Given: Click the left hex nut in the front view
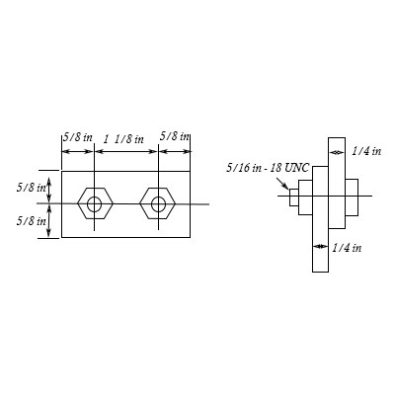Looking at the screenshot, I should pos(94,205).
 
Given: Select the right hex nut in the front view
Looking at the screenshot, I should pos(157,205).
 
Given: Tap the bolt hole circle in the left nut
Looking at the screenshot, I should pos(94,205).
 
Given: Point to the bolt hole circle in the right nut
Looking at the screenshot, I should pos(157,205).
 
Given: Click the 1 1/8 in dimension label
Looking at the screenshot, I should pos(124,139).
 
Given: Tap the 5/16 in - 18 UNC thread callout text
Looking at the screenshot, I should pos(259,169).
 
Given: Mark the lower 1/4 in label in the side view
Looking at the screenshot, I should pos(347,246).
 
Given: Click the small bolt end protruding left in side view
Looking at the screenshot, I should pos(293,197).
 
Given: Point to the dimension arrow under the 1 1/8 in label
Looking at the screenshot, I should pos(125,150).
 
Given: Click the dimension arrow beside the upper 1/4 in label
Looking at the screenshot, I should pos(335,151).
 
